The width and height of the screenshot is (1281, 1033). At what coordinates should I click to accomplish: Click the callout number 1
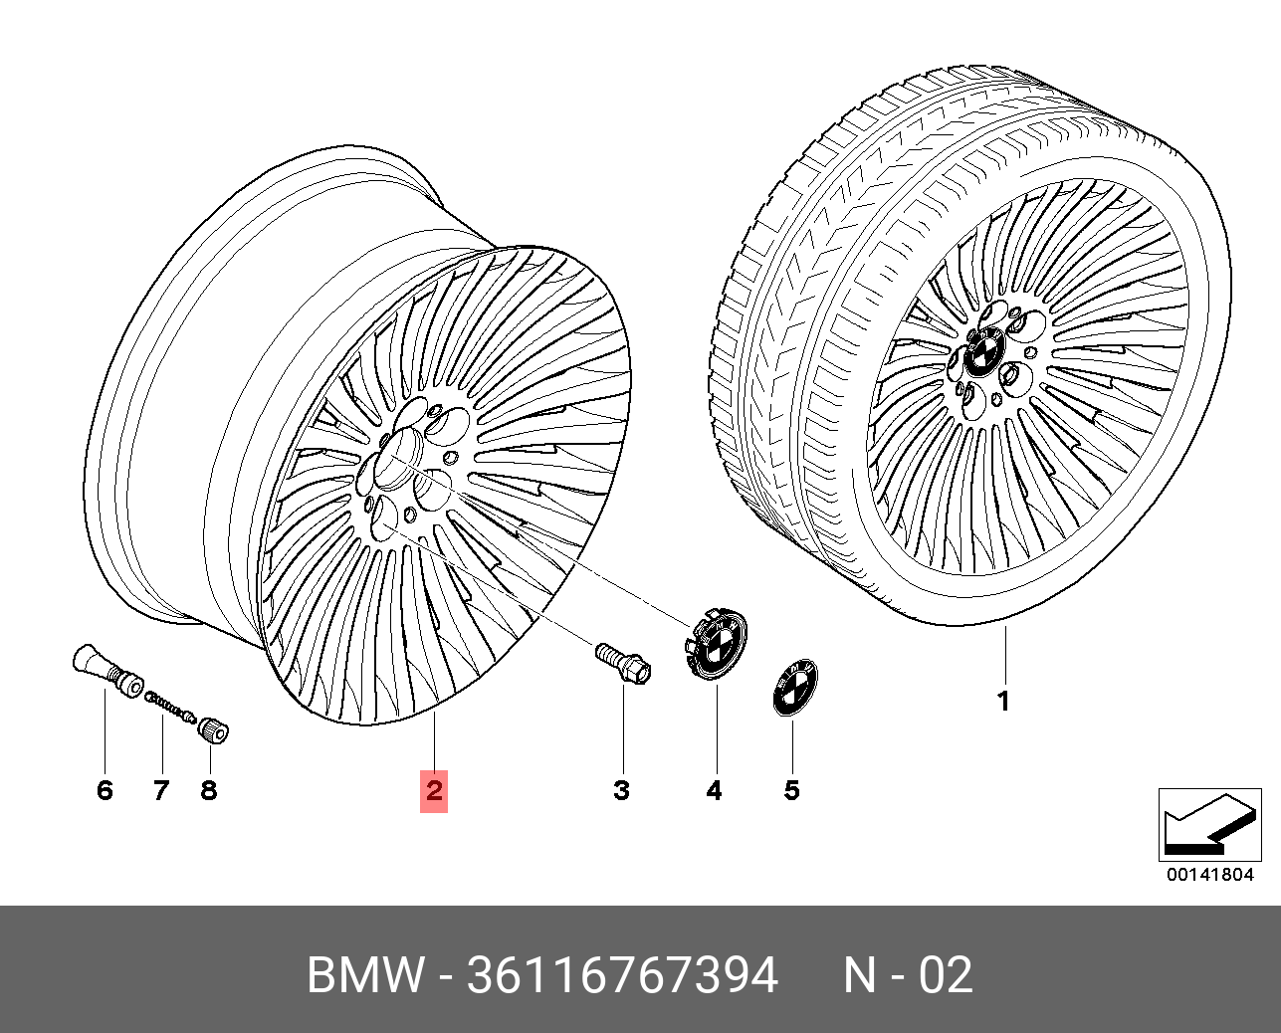[1003, 701]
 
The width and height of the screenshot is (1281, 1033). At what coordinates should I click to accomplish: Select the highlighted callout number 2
[434, 790]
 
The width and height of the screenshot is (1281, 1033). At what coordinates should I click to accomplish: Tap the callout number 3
[621, 790]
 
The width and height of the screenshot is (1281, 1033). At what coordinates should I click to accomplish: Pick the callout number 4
[714, 790]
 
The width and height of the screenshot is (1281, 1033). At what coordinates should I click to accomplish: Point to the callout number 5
[791, 790]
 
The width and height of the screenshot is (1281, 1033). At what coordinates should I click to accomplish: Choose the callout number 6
[105, 790]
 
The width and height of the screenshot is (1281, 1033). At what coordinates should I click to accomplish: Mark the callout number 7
[160, 790]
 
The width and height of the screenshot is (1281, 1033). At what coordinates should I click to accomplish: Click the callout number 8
[208, 790]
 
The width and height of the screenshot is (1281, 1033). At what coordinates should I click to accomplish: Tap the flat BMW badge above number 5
[792, 687]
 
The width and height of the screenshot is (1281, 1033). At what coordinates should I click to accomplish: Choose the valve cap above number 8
[214, 731]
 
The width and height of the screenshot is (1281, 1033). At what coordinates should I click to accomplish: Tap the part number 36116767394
[621, 976]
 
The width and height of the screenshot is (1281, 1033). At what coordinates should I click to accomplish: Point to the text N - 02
[908, 976]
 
